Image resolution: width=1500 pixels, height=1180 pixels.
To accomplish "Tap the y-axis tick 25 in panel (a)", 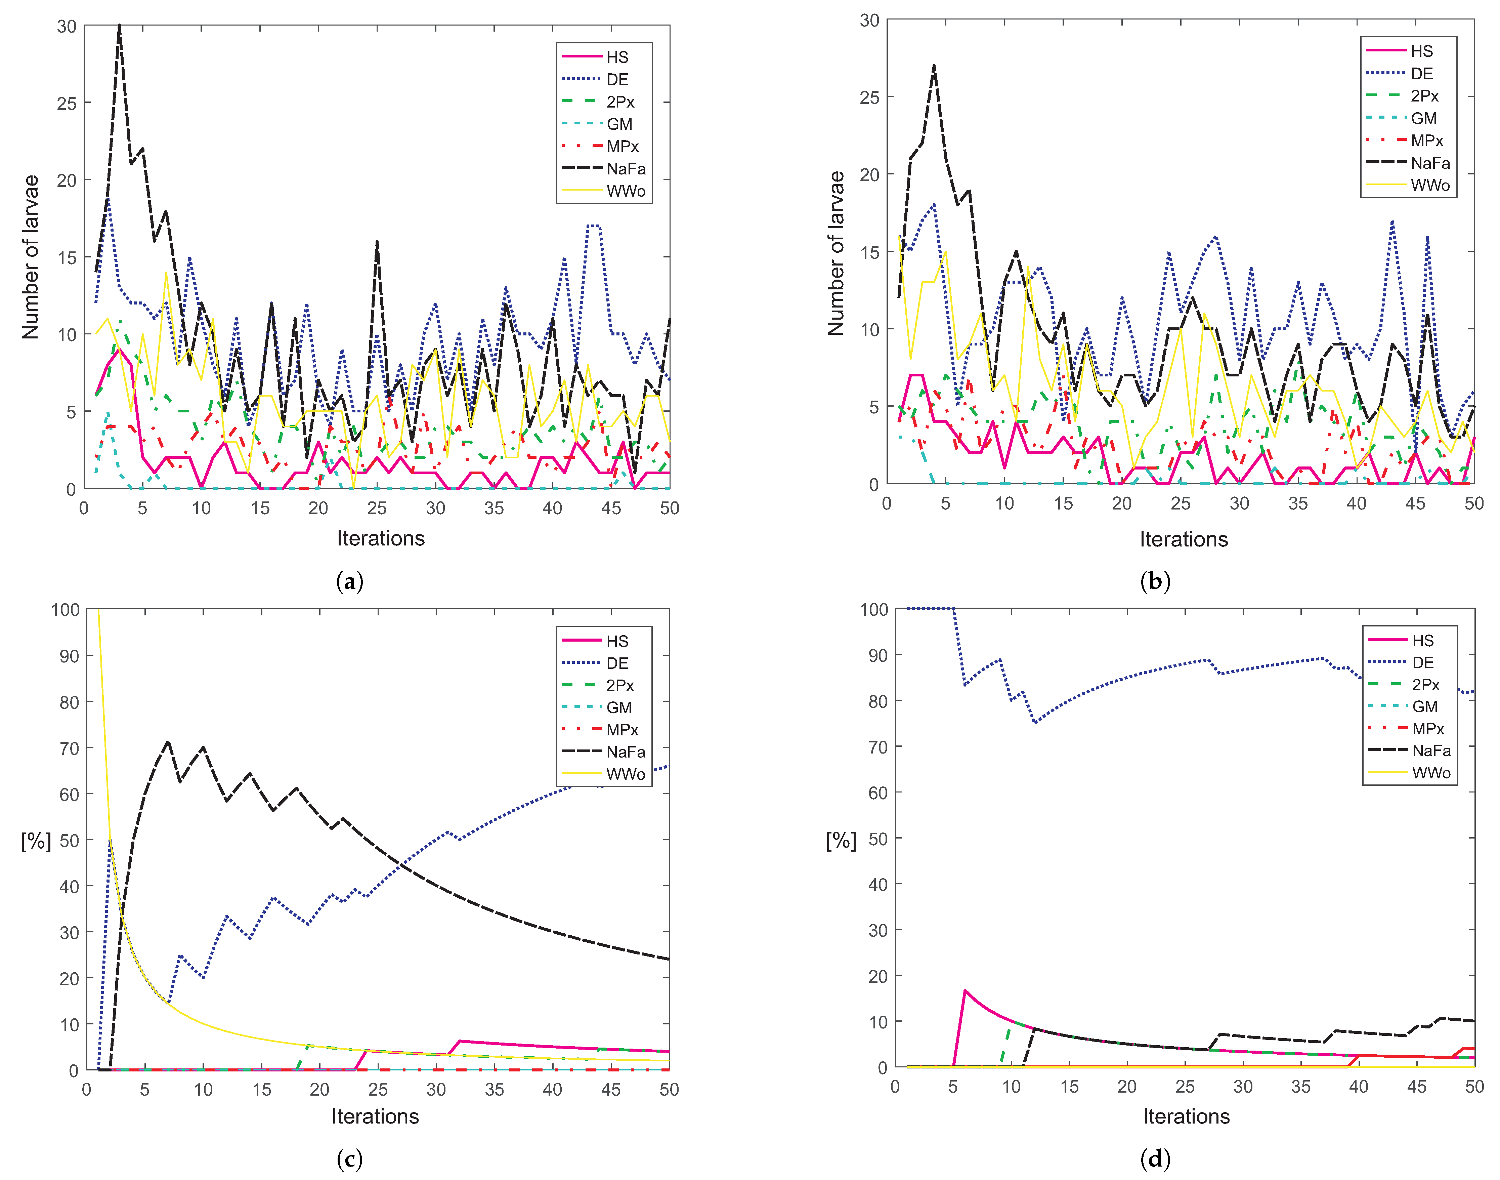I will [x=67, y=104].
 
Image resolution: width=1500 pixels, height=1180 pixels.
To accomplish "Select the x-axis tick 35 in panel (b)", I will [x=1298, y=504].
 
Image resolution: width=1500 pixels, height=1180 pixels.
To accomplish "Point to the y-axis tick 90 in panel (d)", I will [x=877, y=655].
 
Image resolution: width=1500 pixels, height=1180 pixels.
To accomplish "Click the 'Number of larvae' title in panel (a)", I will [x=30, y=257].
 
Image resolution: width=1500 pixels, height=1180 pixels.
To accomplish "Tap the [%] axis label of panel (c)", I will [x=36, y=841].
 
